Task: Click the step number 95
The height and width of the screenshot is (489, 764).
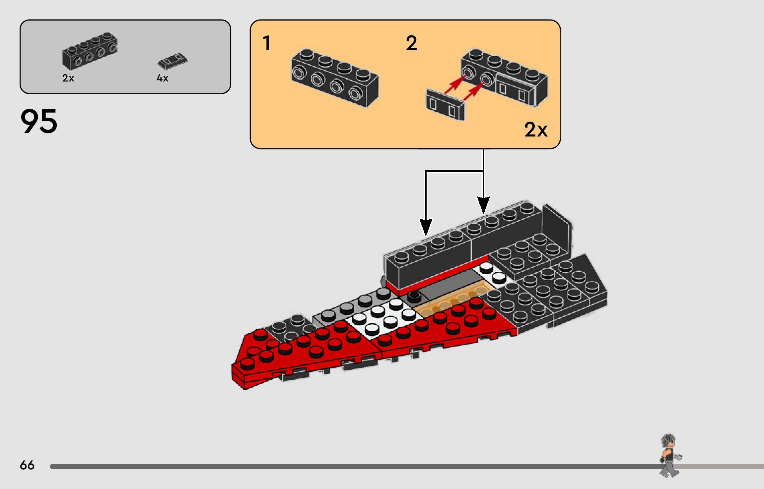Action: (x=39, y=122)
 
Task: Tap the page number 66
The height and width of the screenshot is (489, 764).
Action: (x=27, y=465)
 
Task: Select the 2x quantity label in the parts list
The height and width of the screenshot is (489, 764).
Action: (x=68, y=78)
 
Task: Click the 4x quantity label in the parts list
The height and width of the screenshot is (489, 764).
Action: (x=163, y=78)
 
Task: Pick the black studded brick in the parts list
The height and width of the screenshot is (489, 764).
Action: (x=90, y=51)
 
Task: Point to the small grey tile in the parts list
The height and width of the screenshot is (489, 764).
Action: (x=173, y=61)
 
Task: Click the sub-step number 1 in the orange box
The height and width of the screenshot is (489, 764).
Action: (x=267, y=43)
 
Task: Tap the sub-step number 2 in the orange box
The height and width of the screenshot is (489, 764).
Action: (x=411, y=43)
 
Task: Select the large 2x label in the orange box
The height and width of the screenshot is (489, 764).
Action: (x=536, y=130)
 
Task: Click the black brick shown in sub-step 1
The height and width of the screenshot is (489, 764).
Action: (x=335, y=78)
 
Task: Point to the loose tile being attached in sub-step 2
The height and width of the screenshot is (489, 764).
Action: (x=446, y=104)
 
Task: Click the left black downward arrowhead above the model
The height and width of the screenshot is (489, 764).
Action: (x=426, y=227)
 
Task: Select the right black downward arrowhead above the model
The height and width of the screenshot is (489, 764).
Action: (x=483, y=205)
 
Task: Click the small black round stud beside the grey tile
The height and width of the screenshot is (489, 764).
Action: (x=414, y=296)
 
